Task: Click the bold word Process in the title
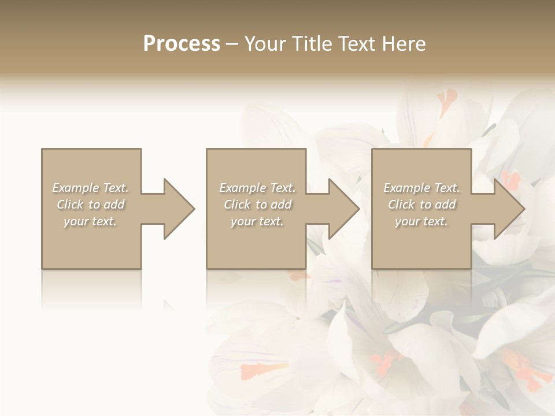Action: click(x=182, y=44)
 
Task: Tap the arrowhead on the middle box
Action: click(x=343, y=209)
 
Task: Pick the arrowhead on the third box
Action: click(x=509, y=209)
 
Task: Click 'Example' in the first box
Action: click(x=76, y=188)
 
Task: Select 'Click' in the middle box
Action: click(x=237, y=205)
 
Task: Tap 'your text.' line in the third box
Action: click(x=421, y=221)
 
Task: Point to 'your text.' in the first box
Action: click(x=90, y=221)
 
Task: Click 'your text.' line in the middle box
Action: click(x=257, y=221)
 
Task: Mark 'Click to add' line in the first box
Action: click(x=91, y=205)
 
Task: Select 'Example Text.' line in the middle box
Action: click(x=257, y=188)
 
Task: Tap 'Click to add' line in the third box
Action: click(x=422, y=205)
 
